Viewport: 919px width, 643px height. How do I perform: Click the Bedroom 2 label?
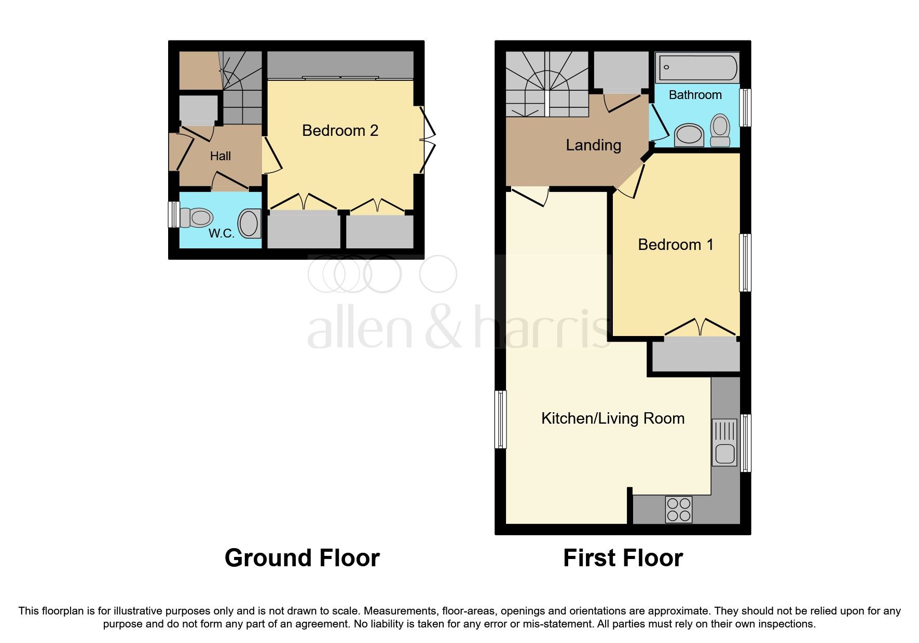340,131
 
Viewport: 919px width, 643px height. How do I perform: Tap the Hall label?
221,156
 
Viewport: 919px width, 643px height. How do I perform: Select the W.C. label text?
222,233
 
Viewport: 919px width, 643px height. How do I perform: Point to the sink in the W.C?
250,224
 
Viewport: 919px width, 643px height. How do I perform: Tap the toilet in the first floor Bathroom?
720,130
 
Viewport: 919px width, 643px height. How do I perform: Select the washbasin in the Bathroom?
689,135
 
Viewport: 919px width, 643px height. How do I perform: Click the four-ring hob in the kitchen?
679,509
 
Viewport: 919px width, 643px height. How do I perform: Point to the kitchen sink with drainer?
724,442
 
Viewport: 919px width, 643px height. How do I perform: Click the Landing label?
593,145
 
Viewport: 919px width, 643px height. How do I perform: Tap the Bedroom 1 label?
675,245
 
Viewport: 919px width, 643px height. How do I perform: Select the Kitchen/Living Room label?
612,418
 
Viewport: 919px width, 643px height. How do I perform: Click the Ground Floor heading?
302,558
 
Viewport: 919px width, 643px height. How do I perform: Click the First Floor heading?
623,558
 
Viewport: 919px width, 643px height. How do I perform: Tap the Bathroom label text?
695,95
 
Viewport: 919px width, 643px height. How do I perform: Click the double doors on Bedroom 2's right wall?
427,139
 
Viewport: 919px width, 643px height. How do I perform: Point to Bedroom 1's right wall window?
745,262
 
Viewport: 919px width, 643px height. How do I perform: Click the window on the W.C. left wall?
173,214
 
